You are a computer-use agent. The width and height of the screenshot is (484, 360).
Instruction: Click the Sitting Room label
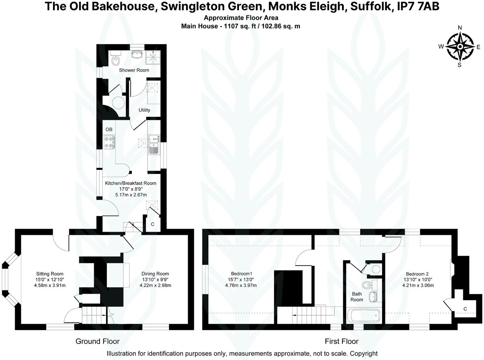pyautogui.click(x=50, y=274)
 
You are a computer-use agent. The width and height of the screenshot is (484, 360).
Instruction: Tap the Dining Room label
pyautogui.click(x=155, y=274)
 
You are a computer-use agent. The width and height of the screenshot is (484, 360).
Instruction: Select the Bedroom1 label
pyautogui.click(x=242, y=274)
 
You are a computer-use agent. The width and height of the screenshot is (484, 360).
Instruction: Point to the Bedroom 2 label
pyautogui.click(x=417, y=274)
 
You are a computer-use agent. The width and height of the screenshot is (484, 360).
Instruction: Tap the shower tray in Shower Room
pyautogui.click(x=153, y=57)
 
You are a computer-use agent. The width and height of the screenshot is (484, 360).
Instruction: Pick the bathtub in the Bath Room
pyautogui.click(x=364, y=316)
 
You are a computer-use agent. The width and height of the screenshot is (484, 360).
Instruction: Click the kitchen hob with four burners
pyautogui.click(x=109, y=142)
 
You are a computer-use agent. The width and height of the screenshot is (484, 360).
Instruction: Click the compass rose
pyautogui.click(x=460, y=47)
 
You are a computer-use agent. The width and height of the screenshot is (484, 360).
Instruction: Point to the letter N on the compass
pyautogui.click(x=460, y=28)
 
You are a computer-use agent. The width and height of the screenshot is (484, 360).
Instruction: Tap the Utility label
pyautogui.click(x=144, y=110)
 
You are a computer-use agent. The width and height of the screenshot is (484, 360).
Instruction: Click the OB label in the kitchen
pyautogui.click(x=109, y=129)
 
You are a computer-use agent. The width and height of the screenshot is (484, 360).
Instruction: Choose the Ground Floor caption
pyautogui.click(x=97, y=341)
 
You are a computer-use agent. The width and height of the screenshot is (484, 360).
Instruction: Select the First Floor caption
pyautogui.click(x=341, y=341)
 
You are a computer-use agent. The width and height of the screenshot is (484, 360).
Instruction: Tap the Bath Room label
pyautogui.click(x=357, y=297)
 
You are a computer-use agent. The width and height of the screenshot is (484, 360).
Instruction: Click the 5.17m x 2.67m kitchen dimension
pyautogui.click(x=131, y=195)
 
